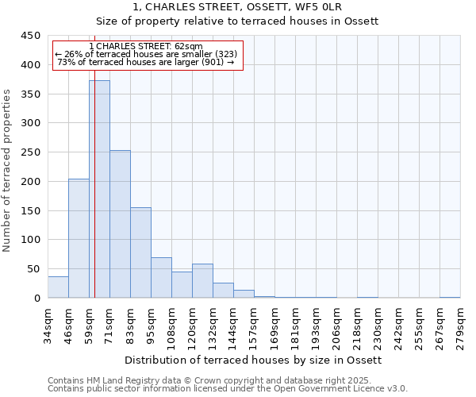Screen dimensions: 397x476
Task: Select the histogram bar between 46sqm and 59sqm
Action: (79, 238)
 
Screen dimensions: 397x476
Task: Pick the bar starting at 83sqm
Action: (140, 252)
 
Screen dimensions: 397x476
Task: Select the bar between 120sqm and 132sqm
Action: (202, 281)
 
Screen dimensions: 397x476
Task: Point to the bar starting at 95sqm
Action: (161, 278)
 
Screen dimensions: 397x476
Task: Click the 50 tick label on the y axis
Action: (33, 269)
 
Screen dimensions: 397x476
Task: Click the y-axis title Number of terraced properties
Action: (8, 170)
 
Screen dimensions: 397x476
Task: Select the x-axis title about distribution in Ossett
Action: (254, 360)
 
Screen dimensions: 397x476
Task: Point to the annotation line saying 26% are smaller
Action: (146, 54)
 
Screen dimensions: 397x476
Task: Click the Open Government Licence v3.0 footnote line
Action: (228, 389)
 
